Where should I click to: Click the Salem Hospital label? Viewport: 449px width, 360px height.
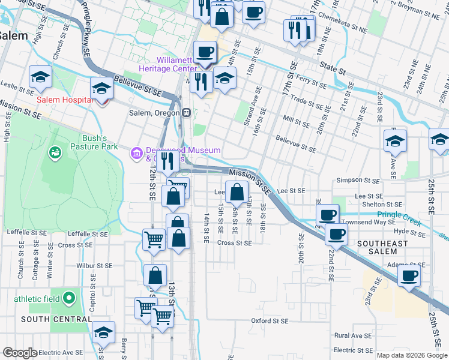click(64, 100)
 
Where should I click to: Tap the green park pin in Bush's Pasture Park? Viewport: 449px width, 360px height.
click(56, 153)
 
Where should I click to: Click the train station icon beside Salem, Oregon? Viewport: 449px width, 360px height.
click(187, 113)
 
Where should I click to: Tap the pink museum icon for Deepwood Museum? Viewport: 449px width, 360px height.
click(137, 154)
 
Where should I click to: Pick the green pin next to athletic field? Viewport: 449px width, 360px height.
click(70, 297)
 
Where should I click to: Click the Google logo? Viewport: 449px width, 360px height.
click(20, 353)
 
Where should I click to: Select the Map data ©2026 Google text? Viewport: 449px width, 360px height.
click(411, 355)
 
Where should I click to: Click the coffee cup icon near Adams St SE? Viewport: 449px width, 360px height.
click(409, 276)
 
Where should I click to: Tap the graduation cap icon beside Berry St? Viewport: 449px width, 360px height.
click(104, 332)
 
